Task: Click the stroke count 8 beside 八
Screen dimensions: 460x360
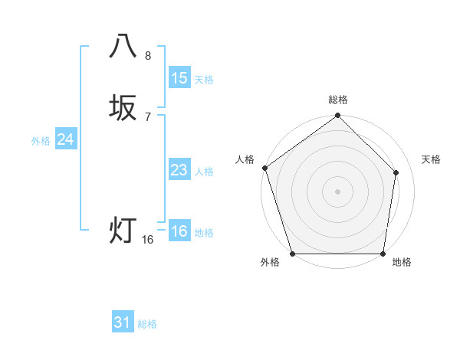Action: coord(148,56)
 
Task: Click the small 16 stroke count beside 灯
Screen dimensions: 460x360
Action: coord(148,240)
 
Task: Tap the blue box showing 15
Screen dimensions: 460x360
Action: coord(179,77)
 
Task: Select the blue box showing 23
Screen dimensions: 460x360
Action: coord(179,170)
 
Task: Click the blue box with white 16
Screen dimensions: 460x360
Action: coord(179,231)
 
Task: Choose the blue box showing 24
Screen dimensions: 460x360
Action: coord(66,139)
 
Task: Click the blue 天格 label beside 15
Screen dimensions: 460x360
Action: coord(203,80)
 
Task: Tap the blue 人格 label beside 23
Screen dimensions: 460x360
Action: coord(204,172)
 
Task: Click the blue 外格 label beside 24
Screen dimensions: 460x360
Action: coord(41,141)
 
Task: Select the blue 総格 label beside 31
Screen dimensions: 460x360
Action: coord(147,324)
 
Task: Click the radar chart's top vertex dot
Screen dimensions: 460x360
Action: coord(337,116)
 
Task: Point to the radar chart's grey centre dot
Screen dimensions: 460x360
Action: coord(337,191)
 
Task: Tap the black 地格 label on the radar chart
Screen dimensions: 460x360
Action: coord(402,263)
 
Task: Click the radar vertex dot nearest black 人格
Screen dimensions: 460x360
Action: coord(264,168)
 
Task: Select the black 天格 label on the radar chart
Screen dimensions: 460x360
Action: coord(432,159)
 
